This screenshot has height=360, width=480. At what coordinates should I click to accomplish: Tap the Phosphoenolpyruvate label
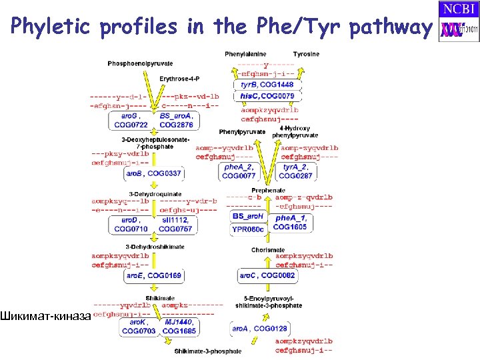coord(140,64)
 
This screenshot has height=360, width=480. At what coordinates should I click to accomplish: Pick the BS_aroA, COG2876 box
coord(176,120)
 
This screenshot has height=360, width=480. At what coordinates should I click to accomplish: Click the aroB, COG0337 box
coord(153,173)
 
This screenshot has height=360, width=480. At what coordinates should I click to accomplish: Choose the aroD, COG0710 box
coord(131,225)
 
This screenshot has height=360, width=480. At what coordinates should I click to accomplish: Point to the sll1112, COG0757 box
coord(176,225)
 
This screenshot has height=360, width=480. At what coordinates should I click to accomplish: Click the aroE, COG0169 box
coord(153,275)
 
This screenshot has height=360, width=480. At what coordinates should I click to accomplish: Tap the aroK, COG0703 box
coord(139,326)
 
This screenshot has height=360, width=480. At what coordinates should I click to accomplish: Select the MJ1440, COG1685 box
coord(179,326)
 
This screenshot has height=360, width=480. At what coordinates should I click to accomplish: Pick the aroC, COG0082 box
coord(267,275)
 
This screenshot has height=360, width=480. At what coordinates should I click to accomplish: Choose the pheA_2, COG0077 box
coord(239,171)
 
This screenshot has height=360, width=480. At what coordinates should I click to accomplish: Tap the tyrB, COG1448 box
coord(267,85)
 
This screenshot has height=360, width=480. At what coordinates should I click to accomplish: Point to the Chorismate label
coord(267,250)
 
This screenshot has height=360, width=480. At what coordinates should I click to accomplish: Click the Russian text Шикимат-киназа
coord(45,315)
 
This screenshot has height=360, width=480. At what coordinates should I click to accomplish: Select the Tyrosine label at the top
coord(306,54)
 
